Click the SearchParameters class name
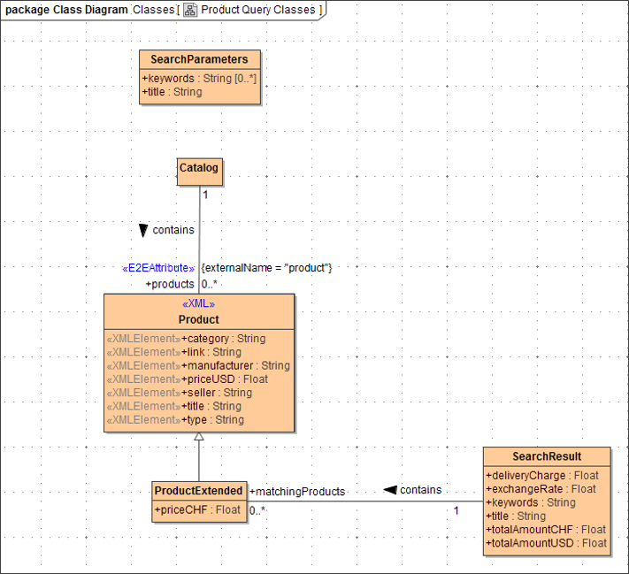click(199, 59)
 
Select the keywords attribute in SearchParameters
click(199, 79)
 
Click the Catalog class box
click(199, 168)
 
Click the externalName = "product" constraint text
click(266, 268)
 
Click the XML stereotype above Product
click(198, 304)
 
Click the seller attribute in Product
click(216, 393)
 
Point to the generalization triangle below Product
click(199, 437)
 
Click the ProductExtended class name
click(198, 491)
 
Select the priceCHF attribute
click(198, 509)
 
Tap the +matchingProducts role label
click(297, 492)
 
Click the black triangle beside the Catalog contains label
click(143, 231)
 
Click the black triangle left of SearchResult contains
click(389, 490)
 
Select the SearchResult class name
click(547, 456)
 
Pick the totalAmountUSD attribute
click(546, 543)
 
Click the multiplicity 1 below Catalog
click(205, 195)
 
